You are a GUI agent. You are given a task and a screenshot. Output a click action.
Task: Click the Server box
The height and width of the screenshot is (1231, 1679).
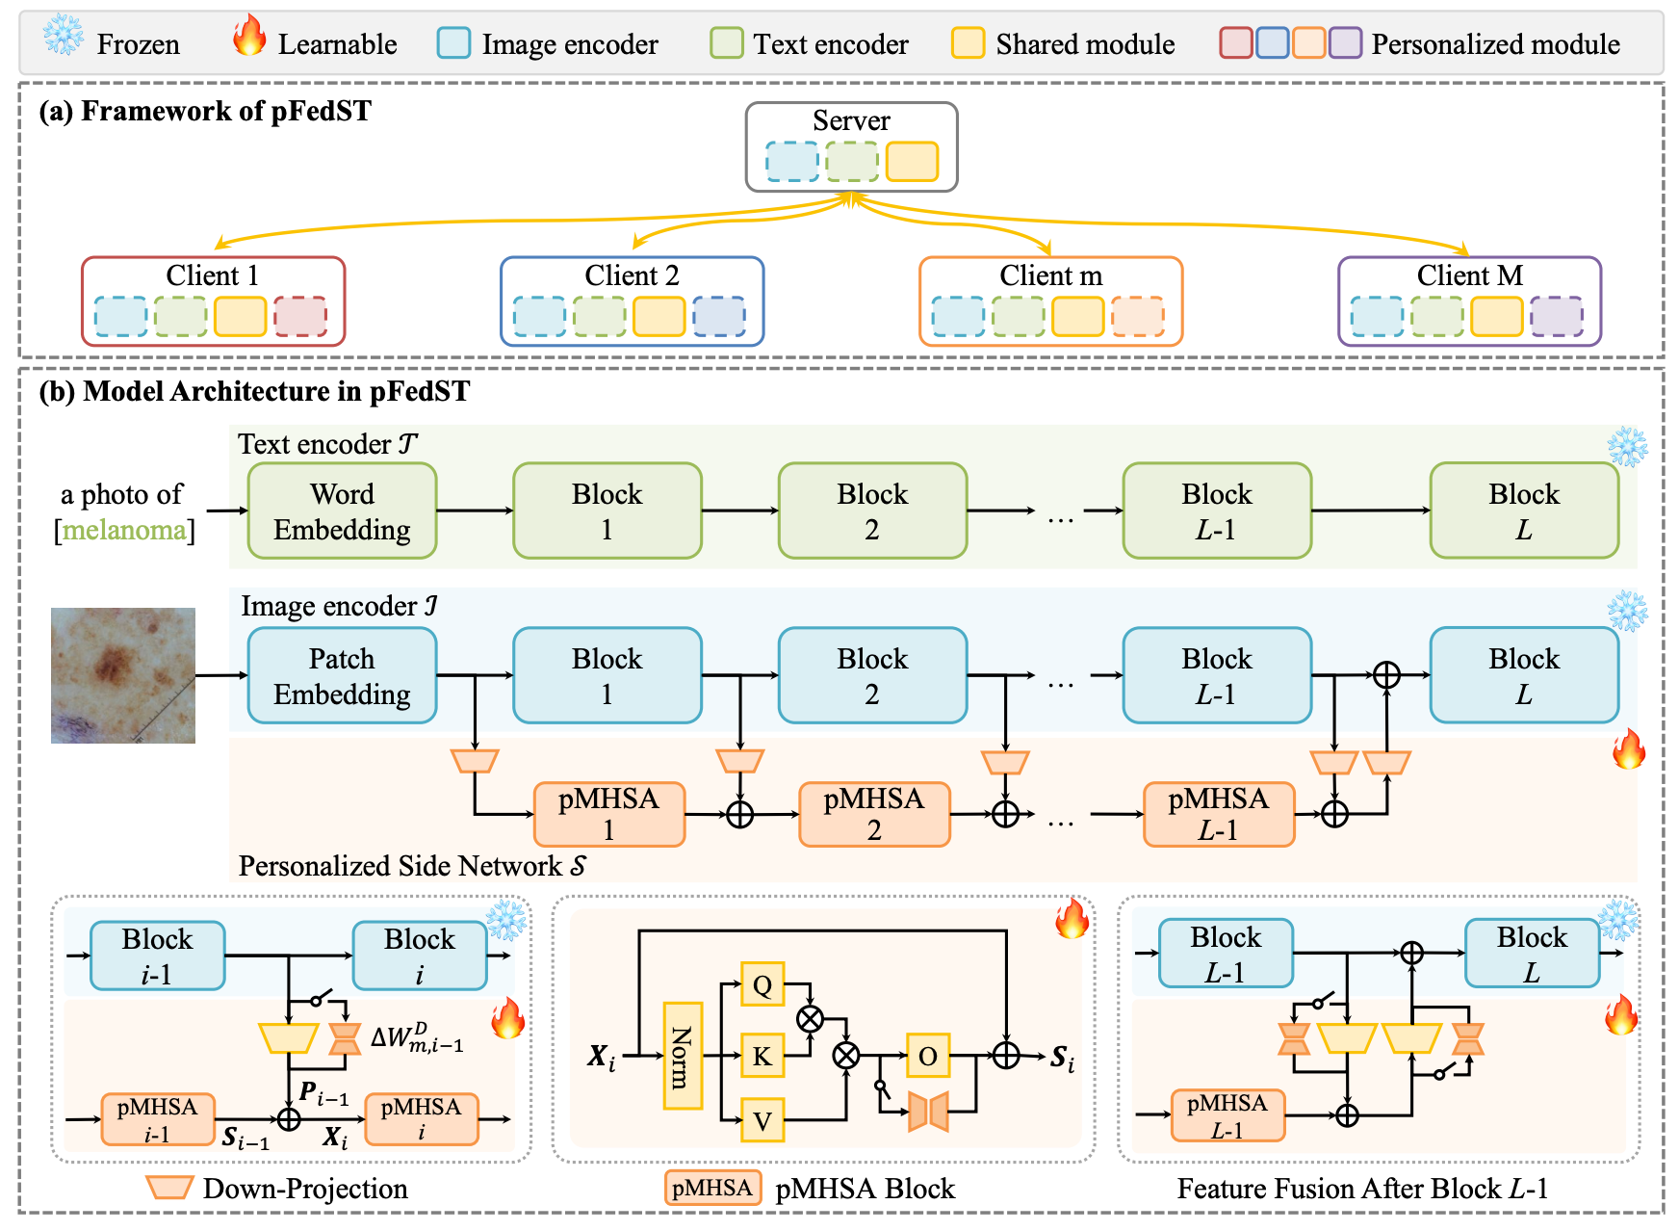(851, 146)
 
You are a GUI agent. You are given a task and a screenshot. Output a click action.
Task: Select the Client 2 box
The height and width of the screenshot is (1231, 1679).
(632, 301)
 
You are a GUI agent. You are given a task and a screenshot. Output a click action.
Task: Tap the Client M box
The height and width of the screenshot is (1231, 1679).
(1469, 301)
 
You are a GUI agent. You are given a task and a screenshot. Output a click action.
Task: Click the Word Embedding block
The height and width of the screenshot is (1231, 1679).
(342, 511)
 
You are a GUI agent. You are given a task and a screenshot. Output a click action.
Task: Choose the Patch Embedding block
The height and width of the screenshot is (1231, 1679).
(342, 676)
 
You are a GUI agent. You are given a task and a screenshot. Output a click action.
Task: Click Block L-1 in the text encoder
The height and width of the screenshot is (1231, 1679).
(1217, 511)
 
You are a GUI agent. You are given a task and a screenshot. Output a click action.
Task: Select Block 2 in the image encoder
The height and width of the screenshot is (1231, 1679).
(872, 676)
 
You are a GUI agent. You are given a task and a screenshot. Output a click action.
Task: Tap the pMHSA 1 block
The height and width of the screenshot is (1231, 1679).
(608, 815)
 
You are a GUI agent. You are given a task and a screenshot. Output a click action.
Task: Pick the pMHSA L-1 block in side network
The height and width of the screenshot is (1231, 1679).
(1218, 815)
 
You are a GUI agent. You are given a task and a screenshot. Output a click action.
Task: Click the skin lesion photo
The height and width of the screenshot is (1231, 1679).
(123, 675)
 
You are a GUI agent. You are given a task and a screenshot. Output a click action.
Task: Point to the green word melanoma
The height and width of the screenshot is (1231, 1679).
(124, 531)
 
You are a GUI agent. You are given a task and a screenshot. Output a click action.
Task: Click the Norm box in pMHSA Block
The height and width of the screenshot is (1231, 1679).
(683, 1056)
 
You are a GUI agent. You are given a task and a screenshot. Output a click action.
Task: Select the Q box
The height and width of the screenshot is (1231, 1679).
(762, 984)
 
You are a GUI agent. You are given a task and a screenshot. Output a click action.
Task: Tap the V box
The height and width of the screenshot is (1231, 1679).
(762, 1120)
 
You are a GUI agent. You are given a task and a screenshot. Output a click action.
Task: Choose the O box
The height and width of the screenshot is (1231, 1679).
(928, 1057)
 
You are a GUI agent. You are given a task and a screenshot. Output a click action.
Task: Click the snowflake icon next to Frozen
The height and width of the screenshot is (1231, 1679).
(64, 36)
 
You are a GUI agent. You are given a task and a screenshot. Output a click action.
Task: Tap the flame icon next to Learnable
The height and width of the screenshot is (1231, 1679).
(248, 36)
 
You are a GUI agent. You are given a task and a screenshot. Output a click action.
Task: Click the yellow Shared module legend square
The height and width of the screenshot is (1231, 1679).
(968, 43)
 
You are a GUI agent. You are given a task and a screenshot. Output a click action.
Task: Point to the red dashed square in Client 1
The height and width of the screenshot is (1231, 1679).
(300, 316)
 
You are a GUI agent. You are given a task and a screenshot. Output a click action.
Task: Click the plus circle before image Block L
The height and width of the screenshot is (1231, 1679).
(1386, 674)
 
